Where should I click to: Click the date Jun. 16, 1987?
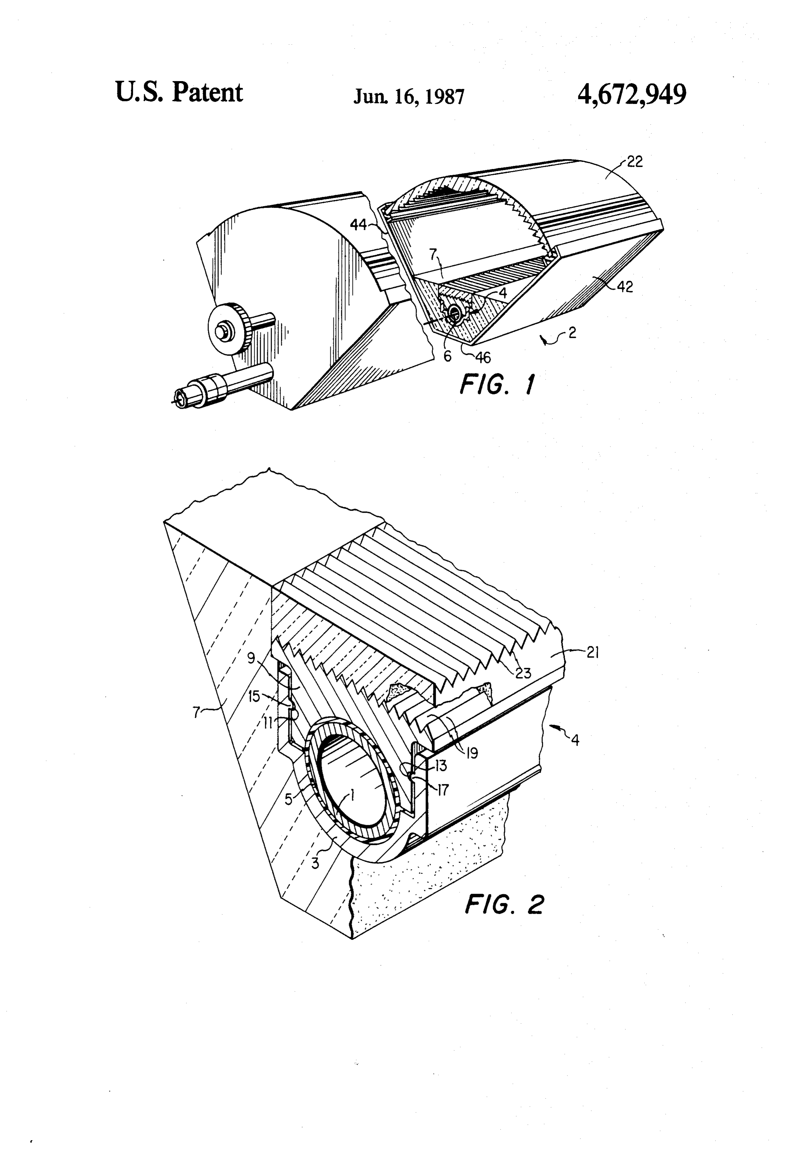(x=409, y=96)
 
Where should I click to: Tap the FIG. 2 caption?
(x=504, y=904)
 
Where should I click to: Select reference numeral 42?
(x=625, y=287)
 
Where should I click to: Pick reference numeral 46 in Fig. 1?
(x=483, y=357)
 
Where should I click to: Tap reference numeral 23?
(x=523, y=673)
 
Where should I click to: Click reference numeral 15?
(x=254, y=696)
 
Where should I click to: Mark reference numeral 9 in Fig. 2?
(x=251, y=659)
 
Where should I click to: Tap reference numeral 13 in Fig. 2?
(x=441, y=765)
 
